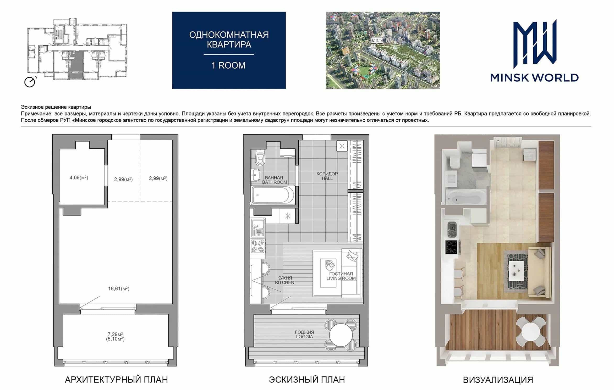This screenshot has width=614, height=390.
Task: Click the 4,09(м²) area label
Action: [x=79, y=178]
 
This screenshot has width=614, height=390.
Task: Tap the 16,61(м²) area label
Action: [x=119, y=289]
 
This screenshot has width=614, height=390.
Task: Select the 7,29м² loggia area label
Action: [x=116, y=334]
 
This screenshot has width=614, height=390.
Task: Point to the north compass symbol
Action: [x=30, y=82]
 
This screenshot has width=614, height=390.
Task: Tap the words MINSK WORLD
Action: [x=534, y=78]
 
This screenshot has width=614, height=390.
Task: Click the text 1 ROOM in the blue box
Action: [x=228, y=65]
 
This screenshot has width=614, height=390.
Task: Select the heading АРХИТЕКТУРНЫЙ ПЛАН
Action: [x=116, y=380]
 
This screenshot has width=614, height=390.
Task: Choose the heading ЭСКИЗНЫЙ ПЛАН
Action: [x=307, y=380]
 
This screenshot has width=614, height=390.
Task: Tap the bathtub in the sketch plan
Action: [x=273, y=195]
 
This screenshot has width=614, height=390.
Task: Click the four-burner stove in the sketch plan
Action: [x=257, y=246]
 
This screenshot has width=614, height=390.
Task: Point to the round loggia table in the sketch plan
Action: [x=341, y=335]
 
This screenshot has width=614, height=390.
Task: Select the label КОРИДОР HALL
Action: [x=327, y=176]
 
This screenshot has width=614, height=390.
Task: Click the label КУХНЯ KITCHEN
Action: [x=284, y=280]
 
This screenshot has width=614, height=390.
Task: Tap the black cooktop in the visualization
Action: [x=451, y=247]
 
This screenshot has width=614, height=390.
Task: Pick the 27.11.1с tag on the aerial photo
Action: [x=377, y=40]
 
